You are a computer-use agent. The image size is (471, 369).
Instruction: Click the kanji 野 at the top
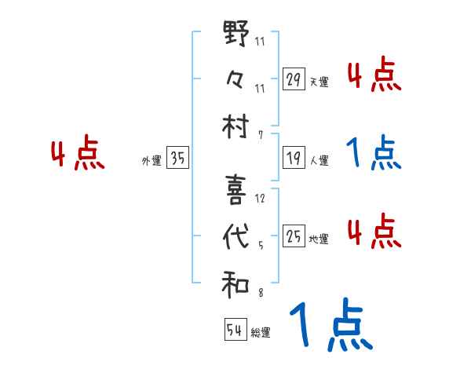[x=236, y=36]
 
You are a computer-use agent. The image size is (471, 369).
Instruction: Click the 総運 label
[x=261, y=332]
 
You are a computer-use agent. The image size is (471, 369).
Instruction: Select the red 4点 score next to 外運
[x=78, y=155]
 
